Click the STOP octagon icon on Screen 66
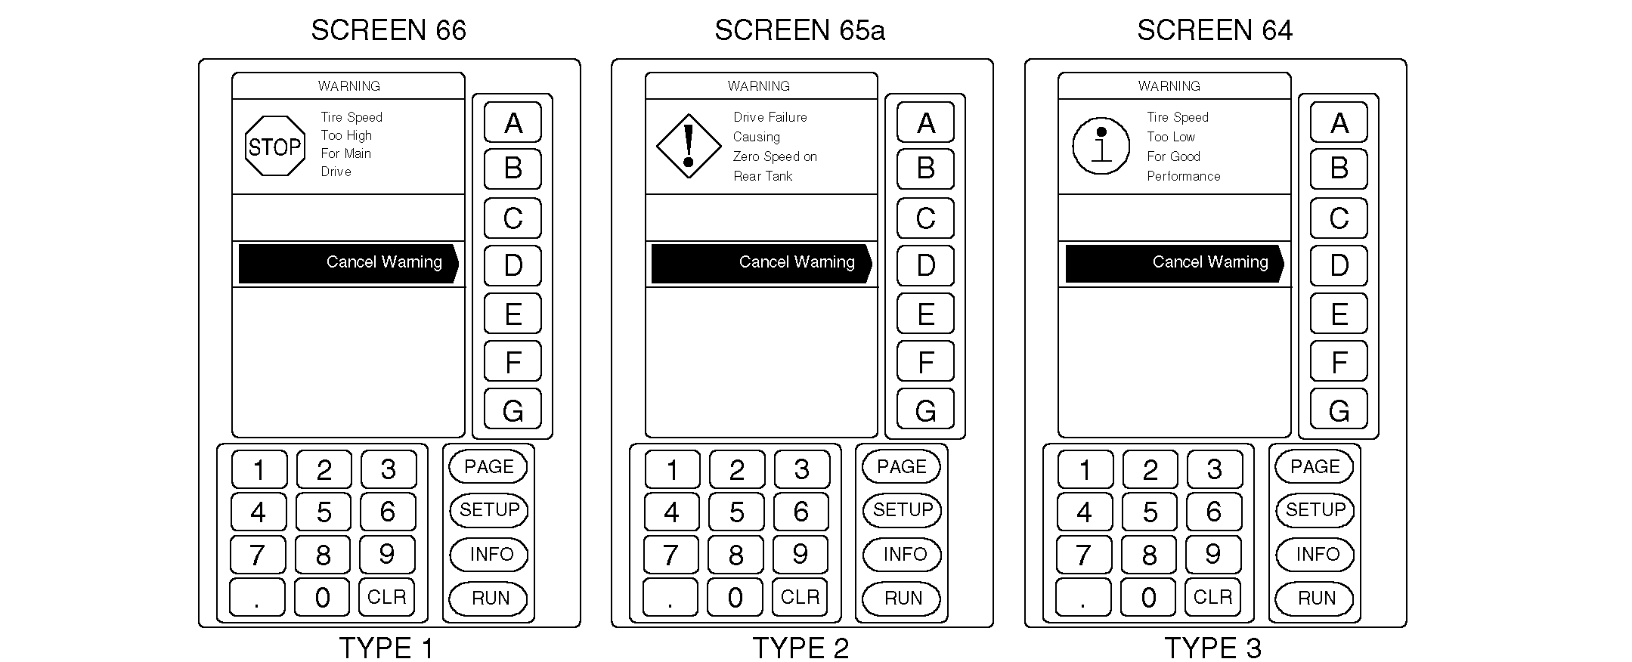[275, 146]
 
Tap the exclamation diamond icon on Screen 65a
[689, 146]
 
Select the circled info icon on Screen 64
[1101, 146]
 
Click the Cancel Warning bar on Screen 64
[1175, 263]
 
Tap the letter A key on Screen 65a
[925, 122]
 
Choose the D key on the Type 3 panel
[1339, 265]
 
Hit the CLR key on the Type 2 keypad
[800, 597]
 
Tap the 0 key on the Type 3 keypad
[1148, 597]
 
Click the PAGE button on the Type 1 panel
[488, 466]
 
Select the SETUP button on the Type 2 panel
[902, 510]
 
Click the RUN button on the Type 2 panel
[902, 599]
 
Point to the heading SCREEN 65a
[800, 30]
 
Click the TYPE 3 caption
[1212, 648]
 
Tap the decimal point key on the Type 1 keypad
[257, 597]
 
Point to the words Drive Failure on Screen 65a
[770, 117]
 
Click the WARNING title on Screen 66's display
[348, 86]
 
